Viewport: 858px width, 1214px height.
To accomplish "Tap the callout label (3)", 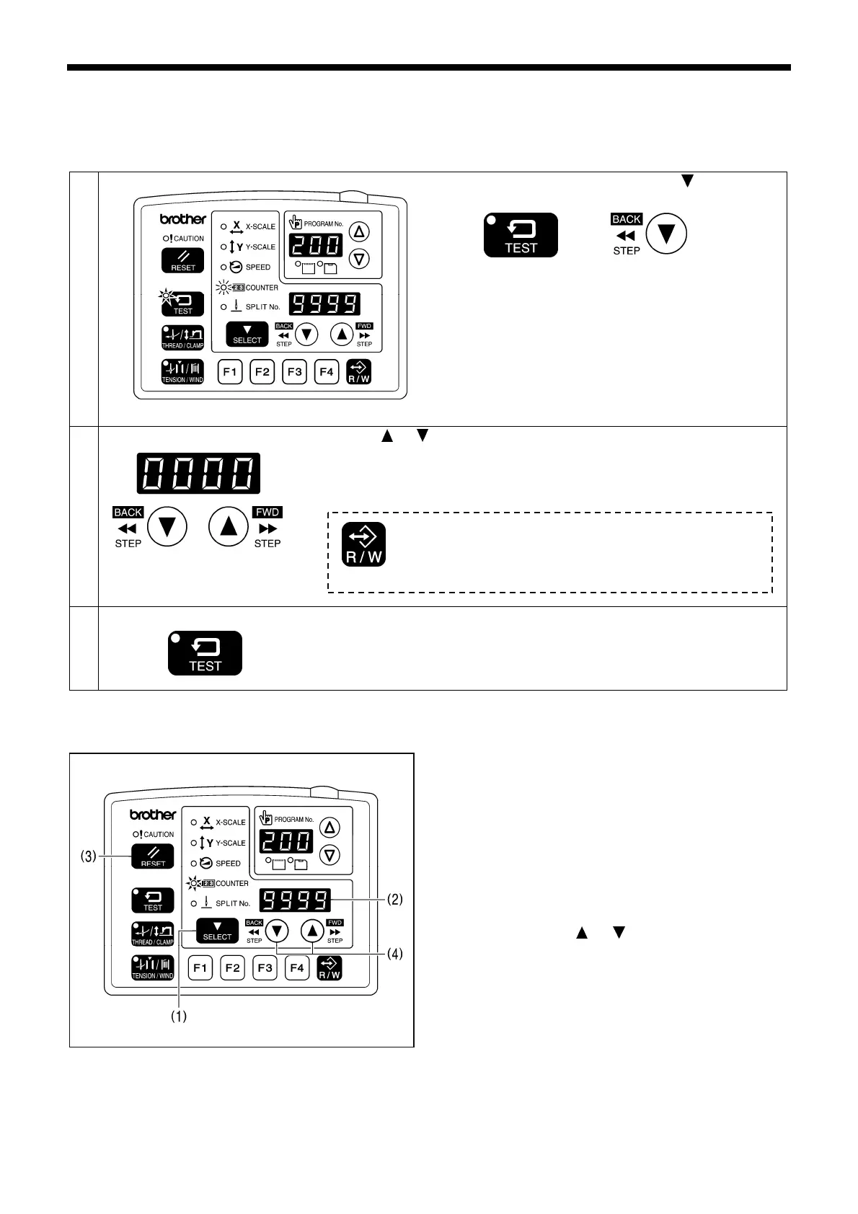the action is click(87, 857).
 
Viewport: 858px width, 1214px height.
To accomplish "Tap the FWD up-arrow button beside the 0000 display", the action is click(229, 527).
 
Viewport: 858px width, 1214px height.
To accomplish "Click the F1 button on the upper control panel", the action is click(230, 372).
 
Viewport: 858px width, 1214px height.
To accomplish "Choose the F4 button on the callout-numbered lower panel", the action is click(297, 967).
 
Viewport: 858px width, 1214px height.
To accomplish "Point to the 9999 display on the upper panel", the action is click(324, 304).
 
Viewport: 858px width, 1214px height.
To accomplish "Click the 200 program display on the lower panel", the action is click(286, 841).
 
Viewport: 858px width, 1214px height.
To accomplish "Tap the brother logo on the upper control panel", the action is click(183, 219).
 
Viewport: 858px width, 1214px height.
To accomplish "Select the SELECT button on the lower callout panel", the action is click(217, 931).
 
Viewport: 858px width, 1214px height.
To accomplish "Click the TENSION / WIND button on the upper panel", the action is click(182, 372).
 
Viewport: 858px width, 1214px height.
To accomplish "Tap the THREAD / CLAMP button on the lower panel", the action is click(153, 934).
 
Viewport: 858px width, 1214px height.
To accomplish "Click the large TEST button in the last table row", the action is click(205, 653).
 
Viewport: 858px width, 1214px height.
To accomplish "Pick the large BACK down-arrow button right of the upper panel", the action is click(666, 234).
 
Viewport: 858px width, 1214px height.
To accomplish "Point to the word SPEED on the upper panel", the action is click(258, 267).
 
